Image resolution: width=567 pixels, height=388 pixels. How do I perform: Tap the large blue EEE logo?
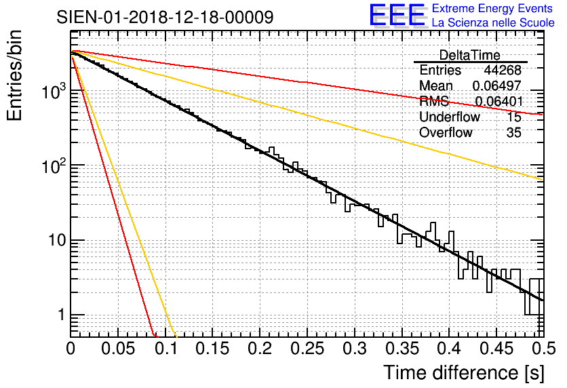click(397, 16)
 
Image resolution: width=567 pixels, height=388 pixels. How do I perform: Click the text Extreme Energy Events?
click(492, 9)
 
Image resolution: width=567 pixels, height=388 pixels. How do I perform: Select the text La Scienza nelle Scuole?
click(492, 23)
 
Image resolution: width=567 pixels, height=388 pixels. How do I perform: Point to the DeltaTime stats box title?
click(470, 55)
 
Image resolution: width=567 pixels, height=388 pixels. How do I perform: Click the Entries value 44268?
click(503, 71)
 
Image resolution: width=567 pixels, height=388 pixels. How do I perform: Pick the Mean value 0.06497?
click(496, 86)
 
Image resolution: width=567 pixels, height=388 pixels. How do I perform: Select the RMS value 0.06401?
click(498, 102)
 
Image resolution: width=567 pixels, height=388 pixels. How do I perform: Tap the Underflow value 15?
click(514, 117)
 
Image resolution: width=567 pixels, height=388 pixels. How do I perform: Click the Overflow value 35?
click(514, 133)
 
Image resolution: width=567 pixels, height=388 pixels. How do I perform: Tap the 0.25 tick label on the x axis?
click(307, 349)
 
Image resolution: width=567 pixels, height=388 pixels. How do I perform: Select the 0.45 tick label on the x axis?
click(495, 349)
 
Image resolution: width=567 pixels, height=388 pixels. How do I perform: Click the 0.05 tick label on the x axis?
click(117, 349)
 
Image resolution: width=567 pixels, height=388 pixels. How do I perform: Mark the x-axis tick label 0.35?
click(401, 349)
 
